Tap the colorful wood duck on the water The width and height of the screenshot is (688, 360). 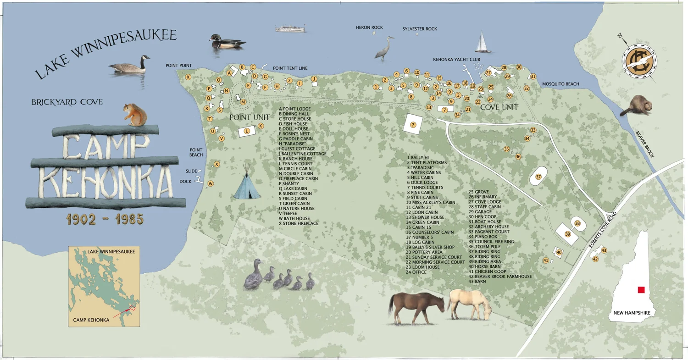pyautogui.click(x=227, y=42)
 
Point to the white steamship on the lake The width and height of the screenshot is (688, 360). pyautogui.click(x=290, y=28)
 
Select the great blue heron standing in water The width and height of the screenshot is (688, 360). pyautogui.click(x=385, y=48)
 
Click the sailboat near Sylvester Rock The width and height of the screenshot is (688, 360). pyautogui.click(x=482, y=43)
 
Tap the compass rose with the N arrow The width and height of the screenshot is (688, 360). pyautogui.click(x=639, y=61)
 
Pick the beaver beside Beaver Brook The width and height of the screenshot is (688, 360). pyautogui.click(x=636, y=106)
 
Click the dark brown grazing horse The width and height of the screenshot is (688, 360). pyautogui.click(x=416, y=307)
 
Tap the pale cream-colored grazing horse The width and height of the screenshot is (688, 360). pyautogui.click(x=469, y=304)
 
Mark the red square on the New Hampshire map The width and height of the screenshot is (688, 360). pyautogui.click(x=641, y=289)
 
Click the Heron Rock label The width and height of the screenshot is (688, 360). pyautogui.click(x=369, y=28)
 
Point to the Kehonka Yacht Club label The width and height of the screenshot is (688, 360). pyautogui.click(x=456, y=60)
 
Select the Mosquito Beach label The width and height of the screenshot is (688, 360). pyautogui.click(x=560, y=84)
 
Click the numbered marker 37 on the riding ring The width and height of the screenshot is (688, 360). pyautogui.click(x=538, y=177)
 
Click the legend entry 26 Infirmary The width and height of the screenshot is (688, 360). pyautogui.click(x=482, y=197)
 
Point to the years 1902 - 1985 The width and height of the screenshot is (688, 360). pyautogui.click(x=105, y=219)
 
